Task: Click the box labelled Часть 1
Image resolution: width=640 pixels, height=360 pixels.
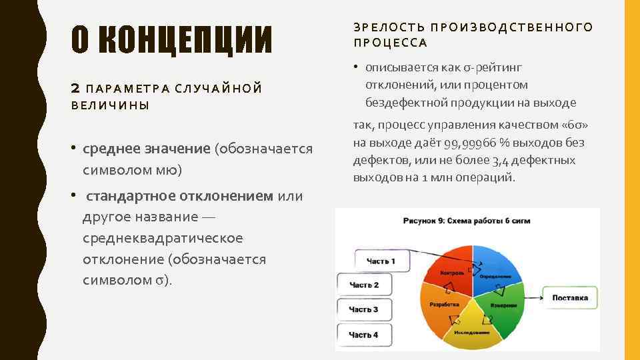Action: click(381, 261)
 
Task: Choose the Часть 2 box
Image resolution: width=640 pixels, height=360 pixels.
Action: click(364, 285)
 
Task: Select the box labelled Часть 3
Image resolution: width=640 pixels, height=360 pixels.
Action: click(364, 309)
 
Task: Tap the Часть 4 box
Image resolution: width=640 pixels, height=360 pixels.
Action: click(364, 334)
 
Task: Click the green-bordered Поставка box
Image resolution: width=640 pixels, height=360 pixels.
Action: click(570, 297)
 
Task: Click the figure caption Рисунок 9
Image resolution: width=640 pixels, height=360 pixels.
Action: click(467, 220)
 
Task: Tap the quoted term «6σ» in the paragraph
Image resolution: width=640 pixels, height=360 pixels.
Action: click(575, 125)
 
